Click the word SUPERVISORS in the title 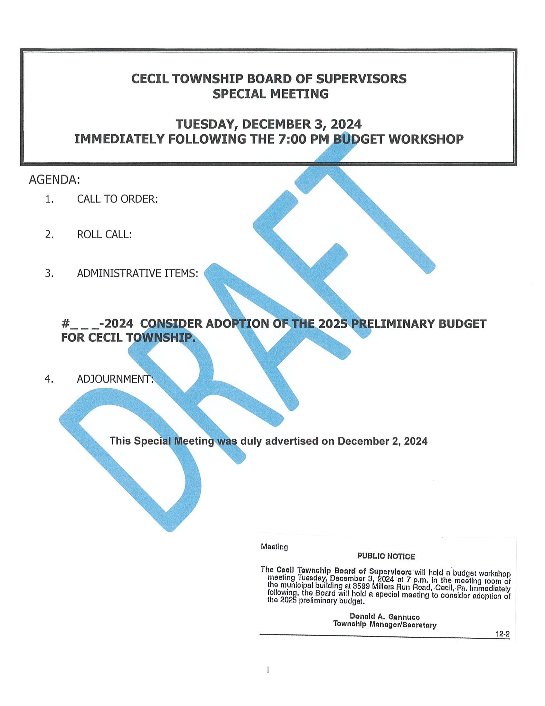coord(361,79)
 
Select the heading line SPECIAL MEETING coord(270,94)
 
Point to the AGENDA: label coord(54,180)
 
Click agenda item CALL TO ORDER coord(117,199)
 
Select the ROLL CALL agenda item coord(104,234)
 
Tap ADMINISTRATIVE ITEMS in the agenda coord(137,273)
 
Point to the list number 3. coord(49,273)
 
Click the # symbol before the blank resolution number coord(65,324)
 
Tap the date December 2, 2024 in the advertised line coord(382,441)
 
